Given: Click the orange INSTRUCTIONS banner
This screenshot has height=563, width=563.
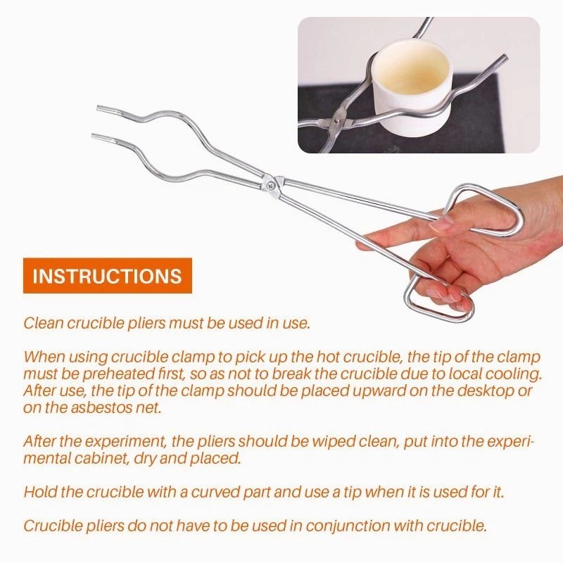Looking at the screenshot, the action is pos(108,275).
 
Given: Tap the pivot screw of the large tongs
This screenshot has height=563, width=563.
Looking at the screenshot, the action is pos(271,185).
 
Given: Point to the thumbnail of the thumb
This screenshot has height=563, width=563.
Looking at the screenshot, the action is pos(442,223).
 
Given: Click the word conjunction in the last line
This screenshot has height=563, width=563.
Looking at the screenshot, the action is pos(348,526).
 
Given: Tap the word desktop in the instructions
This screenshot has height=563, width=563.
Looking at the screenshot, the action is pos(483,391).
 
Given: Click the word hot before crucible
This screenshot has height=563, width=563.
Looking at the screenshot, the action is pos(328,358).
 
